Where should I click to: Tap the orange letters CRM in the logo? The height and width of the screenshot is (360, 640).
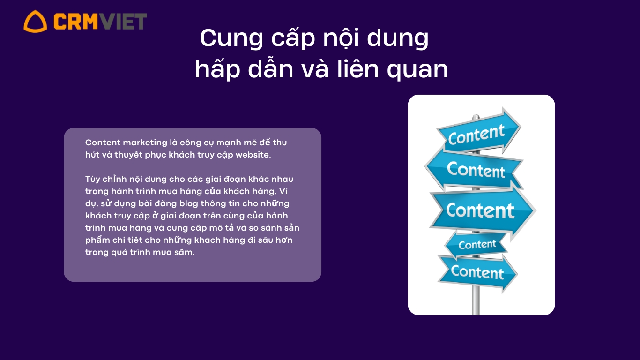click(x=75, y=22)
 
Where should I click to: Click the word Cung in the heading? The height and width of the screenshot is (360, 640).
click(x=231, y=38)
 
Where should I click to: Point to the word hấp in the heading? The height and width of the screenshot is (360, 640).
click(x=217, y=69)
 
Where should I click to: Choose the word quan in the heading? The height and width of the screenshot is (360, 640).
click(x=417, y=70)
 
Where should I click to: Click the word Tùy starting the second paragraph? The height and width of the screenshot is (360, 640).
click(x=92, y=180)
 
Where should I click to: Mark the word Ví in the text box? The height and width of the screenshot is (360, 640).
click(x=283, y=191)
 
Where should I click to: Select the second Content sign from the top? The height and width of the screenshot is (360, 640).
click(x=474, y=169)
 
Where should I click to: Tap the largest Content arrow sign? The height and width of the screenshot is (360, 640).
click(x=483, y=211)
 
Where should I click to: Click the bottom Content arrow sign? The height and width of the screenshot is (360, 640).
click(x=478, y=272)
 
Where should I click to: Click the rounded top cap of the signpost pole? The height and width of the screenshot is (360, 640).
click(x=476, y=117)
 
